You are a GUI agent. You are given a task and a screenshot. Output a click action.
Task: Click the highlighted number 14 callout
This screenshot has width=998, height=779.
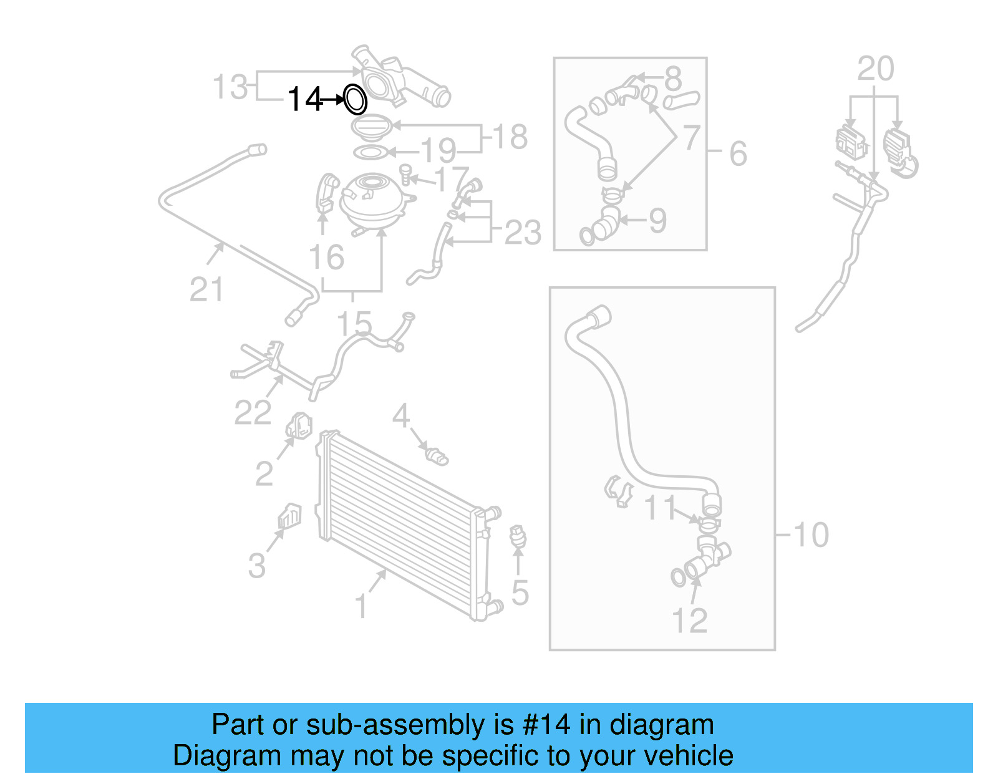304,99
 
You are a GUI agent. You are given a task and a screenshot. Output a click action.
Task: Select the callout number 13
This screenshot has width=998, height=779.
230,87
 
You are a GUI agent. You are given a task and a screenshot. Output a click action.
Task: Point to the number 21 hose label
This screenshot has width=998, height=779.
206,290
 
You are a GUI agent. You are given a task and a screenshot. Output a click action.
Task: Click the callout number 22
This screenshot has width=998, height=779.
253,412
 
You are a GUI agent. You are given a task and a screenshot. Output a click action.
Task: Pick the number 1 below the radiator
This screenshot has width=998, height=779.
361,606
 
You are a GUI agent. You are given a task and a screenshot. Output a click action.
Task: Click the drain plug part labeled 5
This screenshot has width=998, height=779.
518,538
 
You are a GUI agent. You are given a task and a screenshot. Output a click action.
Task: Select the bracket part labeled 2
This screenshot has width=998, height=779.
299,426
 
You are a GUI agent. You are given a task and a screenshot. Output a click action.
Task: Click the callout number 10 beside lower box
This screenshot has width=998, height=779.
811,535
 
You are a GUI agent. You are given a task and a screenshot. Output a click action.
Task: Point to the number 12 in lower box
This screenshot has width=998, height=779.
689,621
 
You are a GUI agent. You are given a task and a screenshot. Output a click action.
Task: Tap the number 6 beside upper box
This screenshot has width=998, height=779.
738,153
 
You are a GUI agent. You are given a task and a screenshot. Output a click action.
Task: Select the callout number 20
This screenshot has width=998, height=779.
875,69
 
